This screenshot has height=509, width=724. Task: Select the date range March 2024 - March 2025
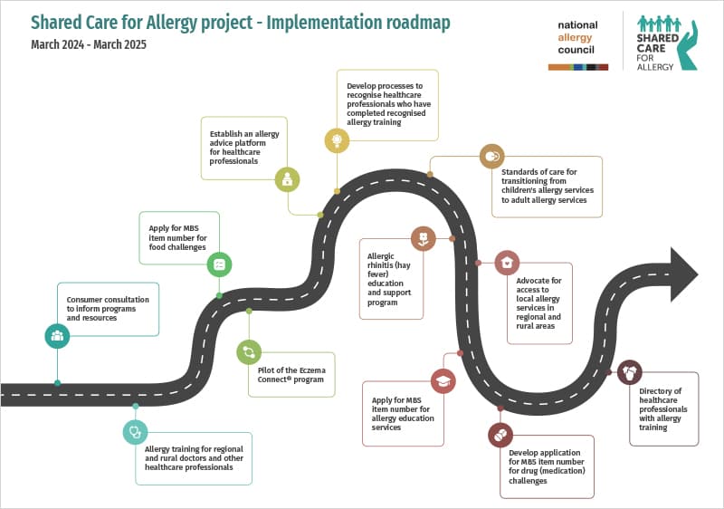click(88, 44)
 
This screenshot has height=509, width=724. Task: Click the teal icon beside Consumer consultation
click(57, 336)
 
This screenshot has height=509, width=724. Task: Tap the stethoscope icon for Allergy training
click(135, 432)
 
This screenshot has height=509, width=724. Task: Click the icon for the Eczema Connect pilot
click(249, 351)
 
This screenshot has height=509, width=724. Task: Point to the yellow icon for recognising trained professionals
click(337, 140)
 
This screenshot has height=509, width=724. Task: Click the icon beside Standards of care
click(491, 156)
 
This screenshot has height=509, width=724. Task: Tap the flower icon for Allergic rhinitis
click(423, 239)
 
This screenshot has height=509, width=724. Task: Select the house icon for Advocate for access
click(507, 263)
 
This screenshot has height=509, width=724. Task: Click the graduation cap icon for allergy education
click(443, 380)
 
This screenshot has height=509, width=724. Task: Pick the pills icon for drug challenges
click(500, 436)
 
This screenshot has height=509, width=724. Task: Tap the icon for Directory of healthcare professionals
click(629, 372)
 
